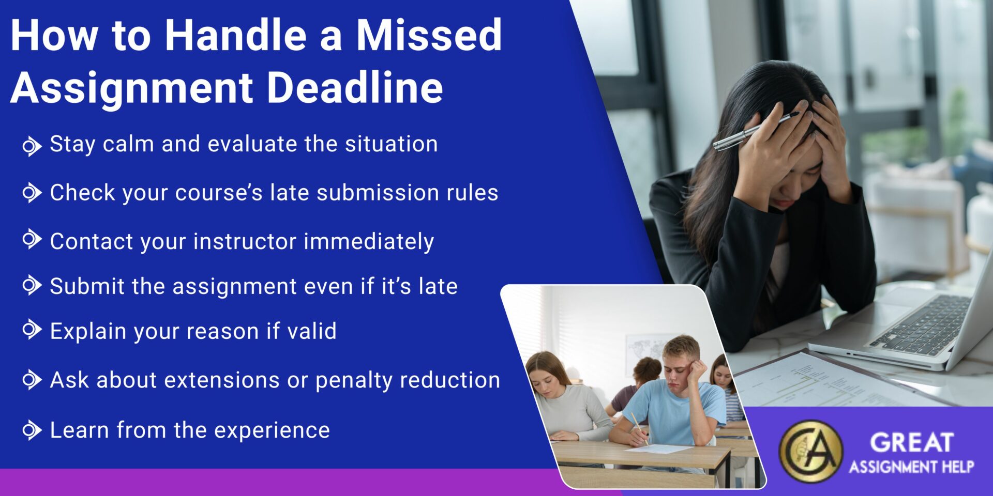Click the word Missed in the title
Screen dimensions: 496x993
(x=429, y=35)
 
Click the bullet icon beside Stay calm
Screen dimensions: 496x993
(x=32, y=146)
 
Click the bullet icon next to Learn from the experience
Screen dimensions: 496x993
(x=32, y=430)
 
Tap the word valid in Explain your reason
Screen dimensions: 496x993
(x=312, y=331)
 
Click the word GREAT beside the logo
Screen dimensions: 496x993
(x=911, y=443)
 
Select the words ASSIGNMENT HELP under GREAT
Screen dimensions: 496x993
(x=911, y=468)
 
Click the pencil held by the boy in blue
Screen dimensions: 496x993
(x=639, y=428)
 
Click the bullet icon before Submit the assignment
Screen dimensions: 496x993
(x=32, y=285)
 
